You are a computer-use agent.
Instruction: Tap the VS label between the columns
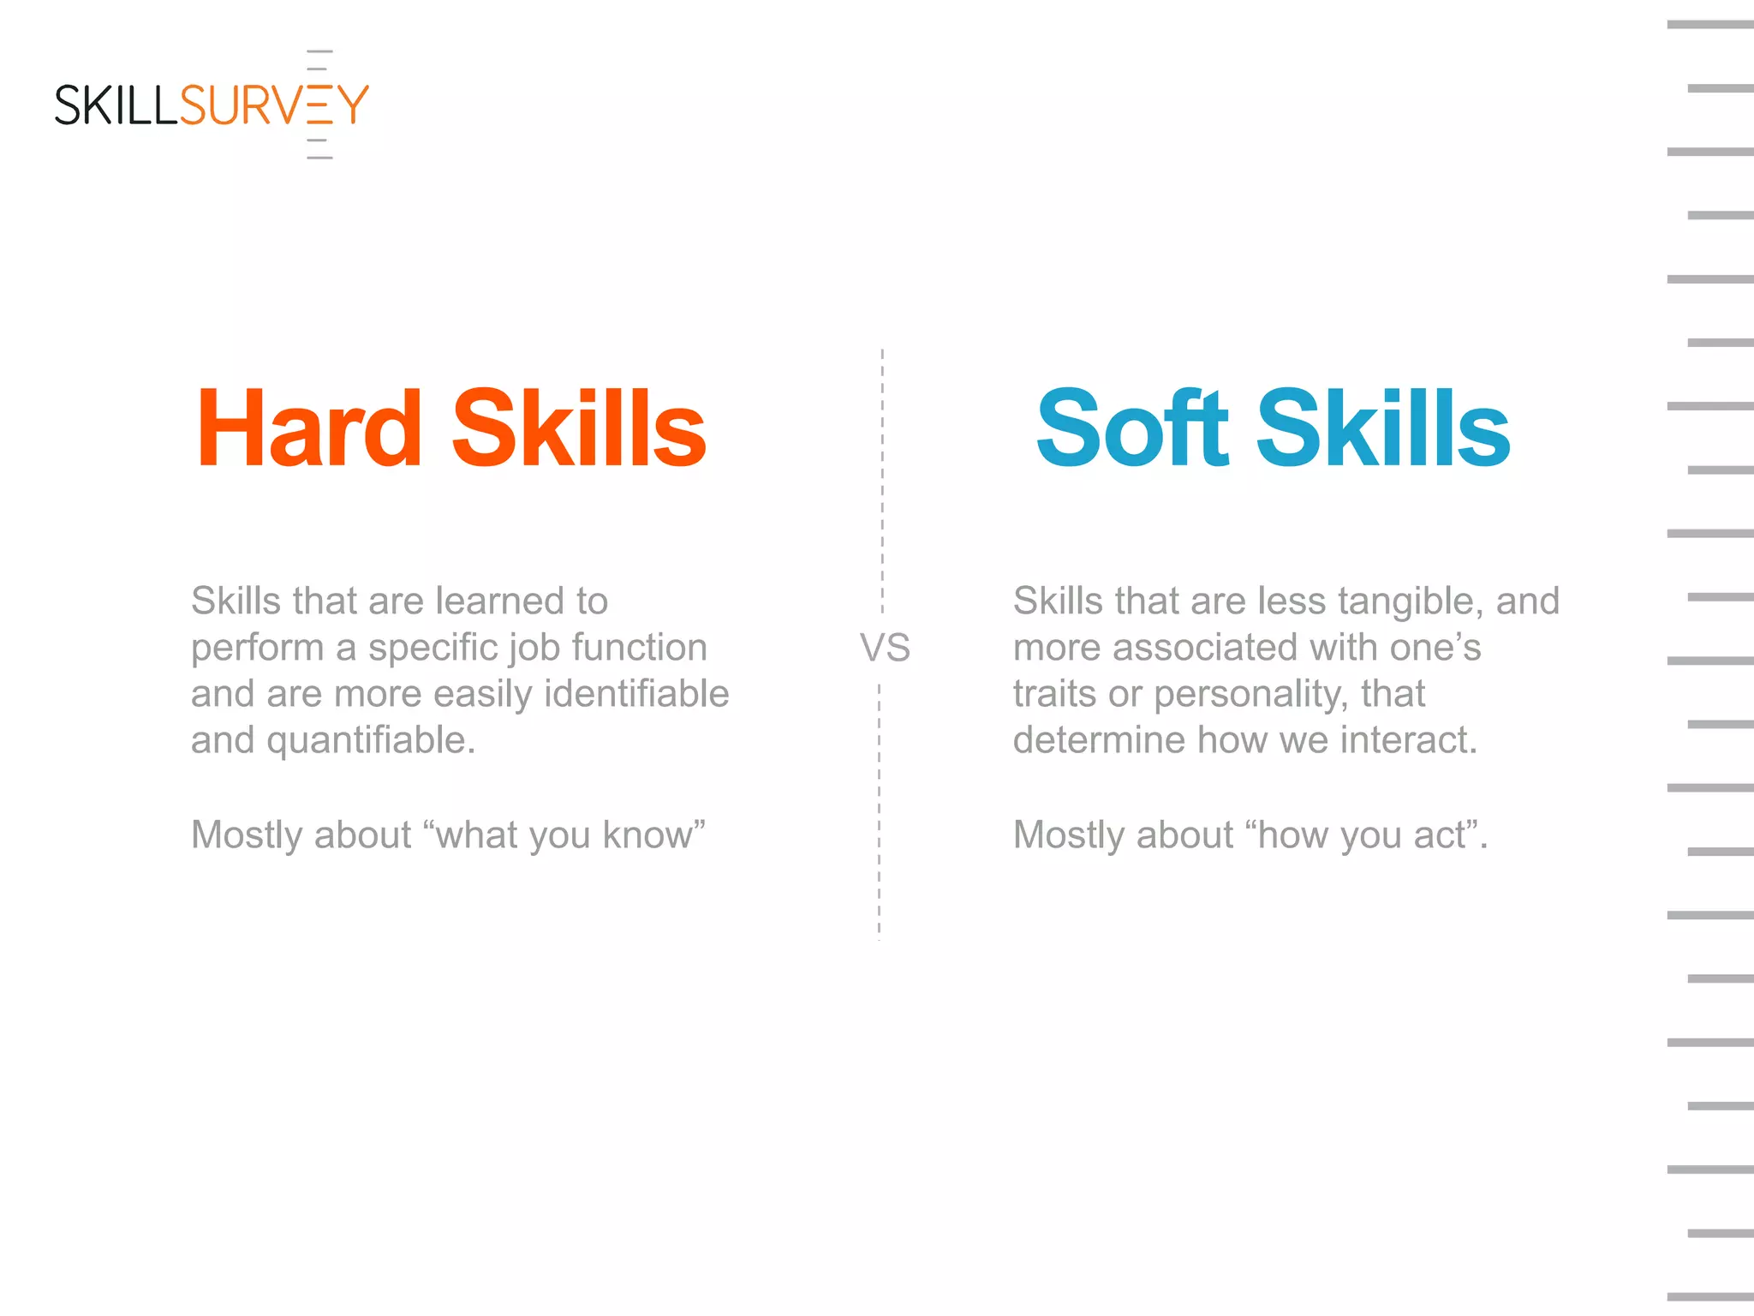pos(885,648)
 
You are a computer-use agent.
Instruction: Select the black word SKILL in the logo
pos(116,105)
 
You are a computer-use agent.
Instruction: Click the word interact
pos(1409,740)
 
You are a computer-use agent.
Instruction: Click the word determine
pos(1099,740)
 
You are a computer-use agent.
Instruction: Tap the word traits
pos(1054,694)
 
